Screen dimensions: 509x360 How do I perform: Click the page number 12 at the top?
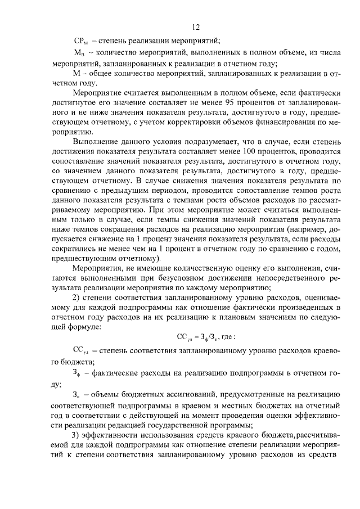pos(195,26)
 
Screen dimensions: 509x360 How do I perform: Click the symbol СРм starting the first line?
pos(82,41)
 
